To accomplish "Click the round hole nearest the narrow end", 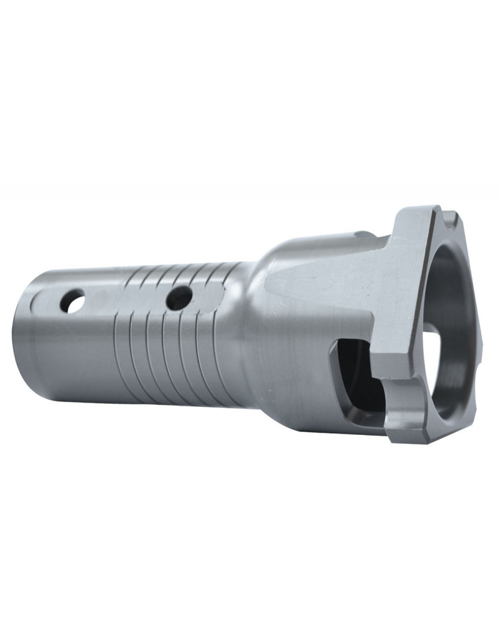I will point(73,301).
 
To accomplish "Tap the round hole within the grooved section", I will point(179,297).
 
